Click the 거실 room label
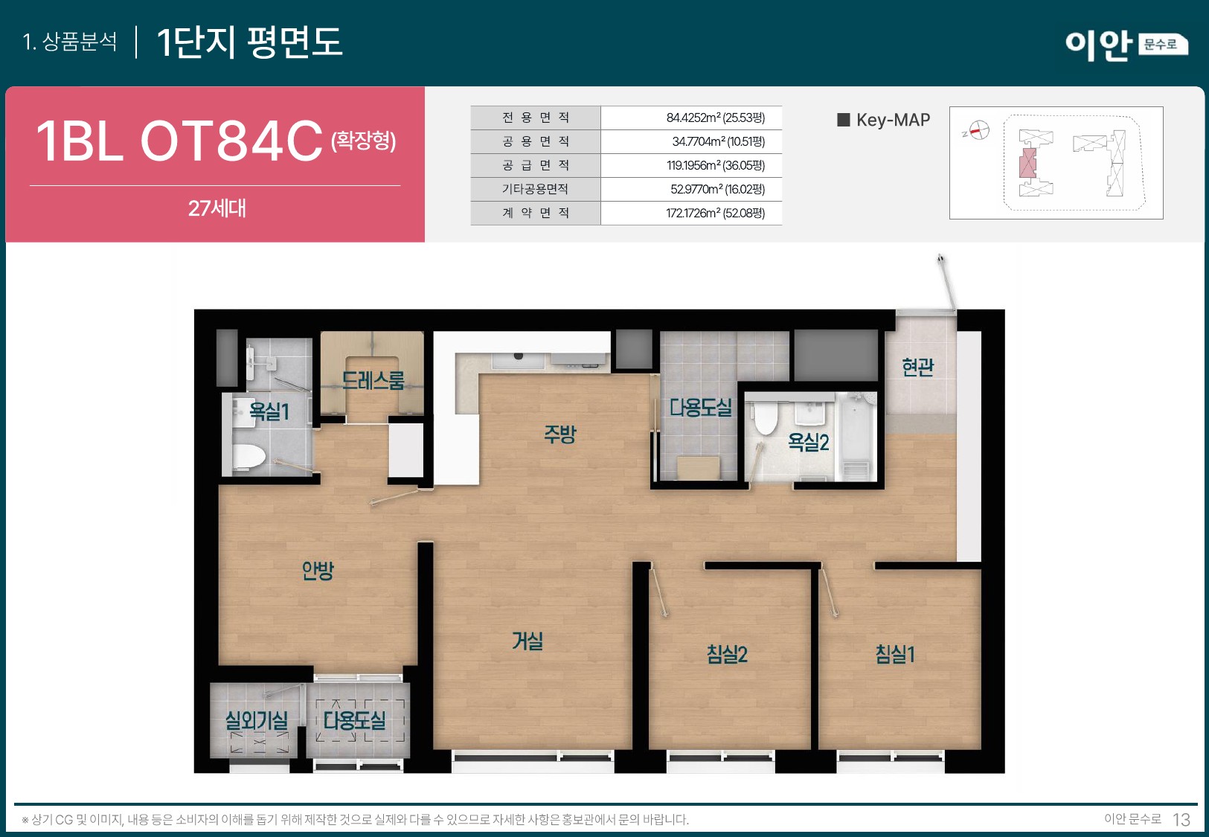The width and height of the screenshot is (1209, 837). pyautogui.click(x=527, y=641)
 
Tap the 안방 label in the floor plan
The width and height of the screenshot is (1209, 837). pyautogui.click(x=318, y=571)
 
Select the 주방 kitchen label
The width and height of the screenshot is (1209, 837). pyautogui.click(x=559, y=434)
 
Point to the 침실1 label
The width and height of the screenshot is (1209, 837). pyautogui.click(x=894, y=654)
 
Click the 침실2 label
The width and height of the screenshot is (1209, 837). pyautogui.click(x=727, y=654)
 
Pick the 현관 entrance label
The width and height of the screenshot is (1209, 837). pyautogui.click(x=917, y=367)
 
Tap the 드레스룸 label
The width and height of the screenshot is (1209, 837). pyautogui.click(x=373, y=381)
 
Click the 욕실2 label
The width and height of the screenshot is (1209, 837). pyautogui.click(x=808, y=443)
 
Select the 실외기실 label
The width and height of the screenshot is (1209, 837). pyautogui.click(x=257, y=720)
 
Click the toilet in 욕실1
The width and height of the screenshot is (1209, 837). pyautogui.click(x=248, y=456)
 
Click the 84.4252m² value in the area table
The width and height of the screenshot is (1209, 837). pyautogui.click(x=715, y=118)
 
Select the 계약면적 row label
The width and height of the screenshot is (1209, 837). pyautogui.click(x=535, y=213)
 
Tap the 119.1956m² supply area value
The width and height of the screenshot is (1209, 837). pyautogui.click(x=715, y=165)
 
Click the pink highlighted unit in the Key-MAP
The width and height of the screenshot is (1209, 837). pyautogui.click(x=1027, y=162)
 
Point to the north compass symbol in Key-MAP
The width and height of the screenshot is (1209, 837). pyautogui.click(x=978, y=131)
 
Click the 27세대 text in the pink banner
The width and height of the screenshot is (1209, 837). pyautogui.click(x=217, y=208)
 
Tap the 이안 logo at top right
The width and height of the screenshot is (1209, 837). pyautogui.click(x=1097, y=45)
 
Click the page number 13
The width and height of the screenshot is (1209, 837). pyautogui.click(x=1181, y=819)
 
